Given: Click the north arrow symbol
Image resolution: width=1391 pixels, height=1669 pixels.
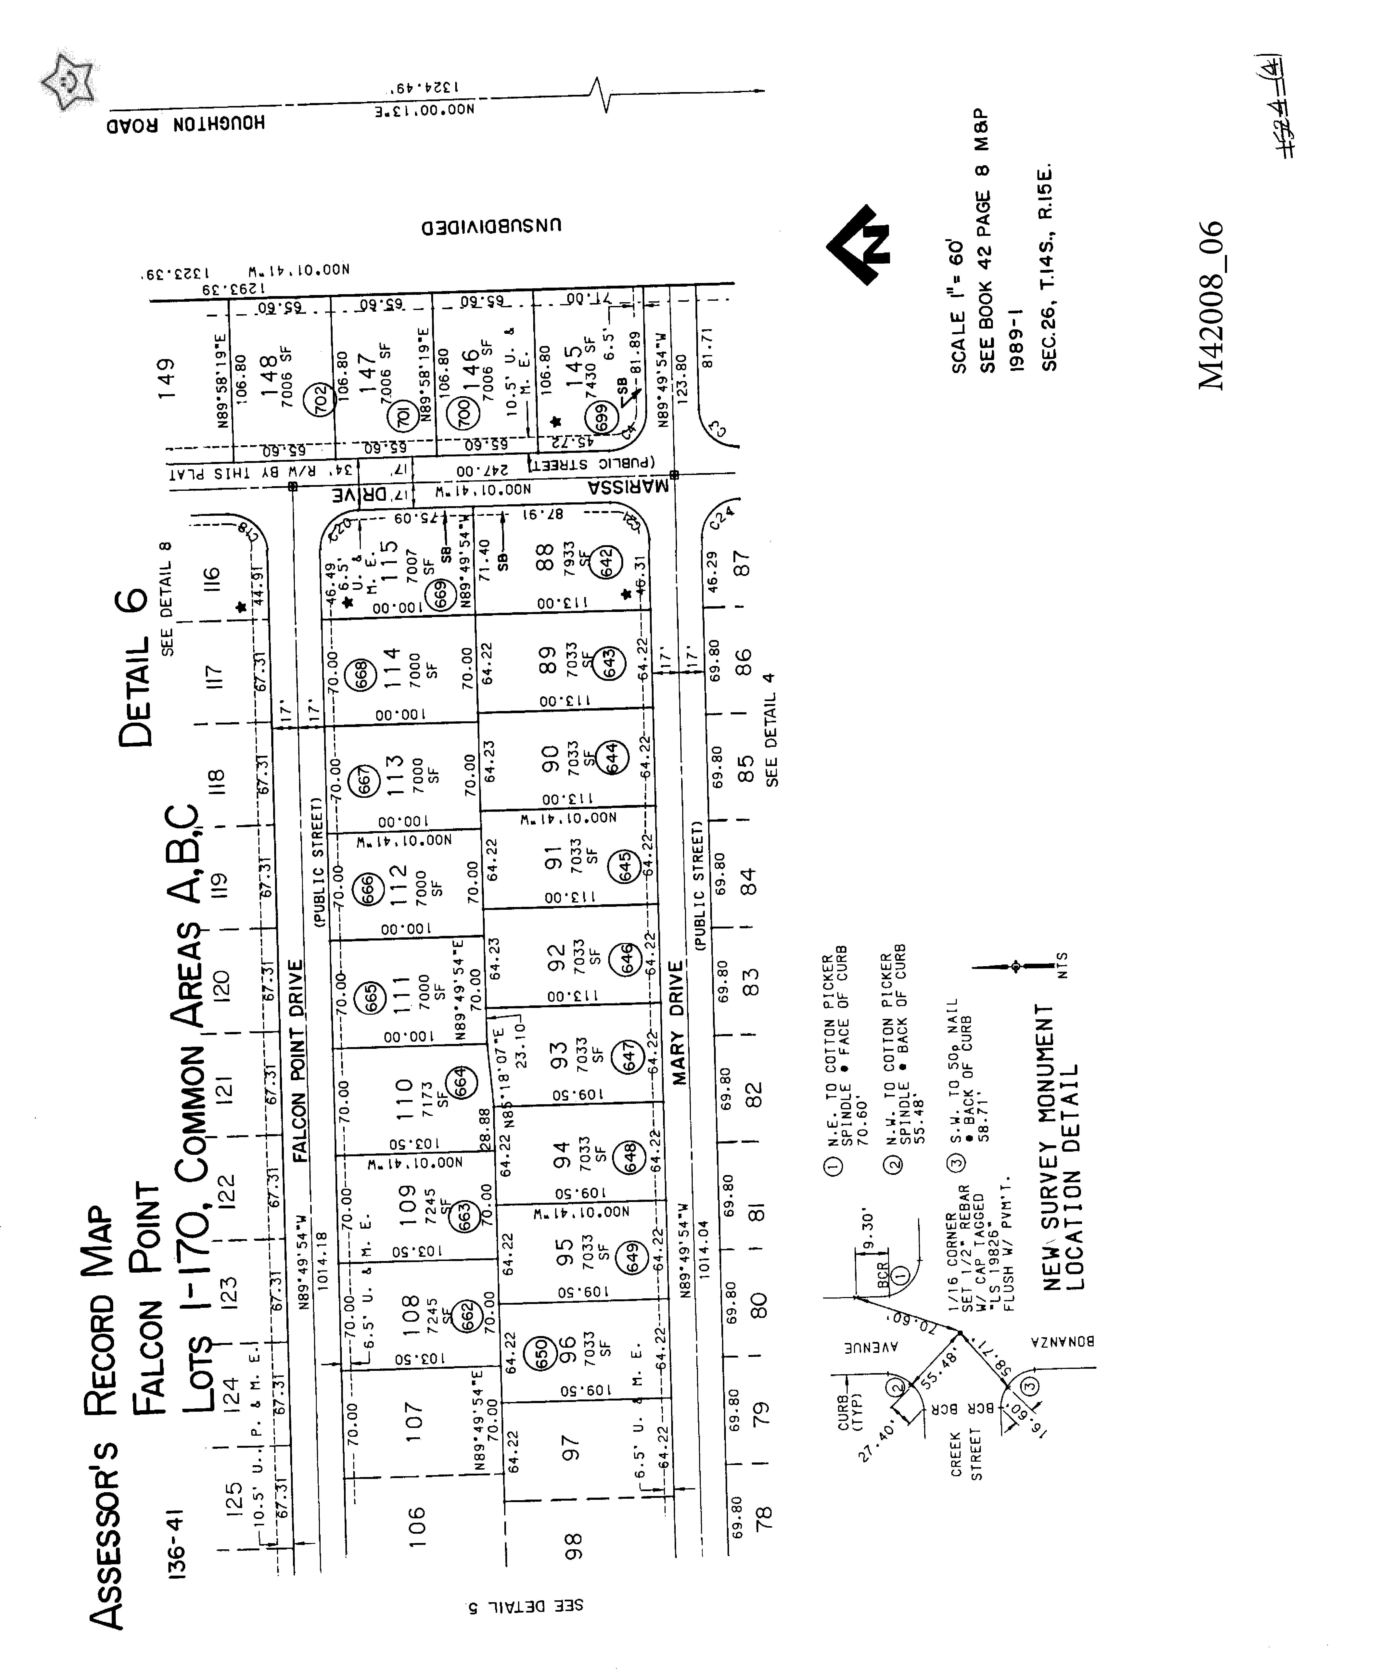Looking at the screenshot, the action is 858,244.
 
